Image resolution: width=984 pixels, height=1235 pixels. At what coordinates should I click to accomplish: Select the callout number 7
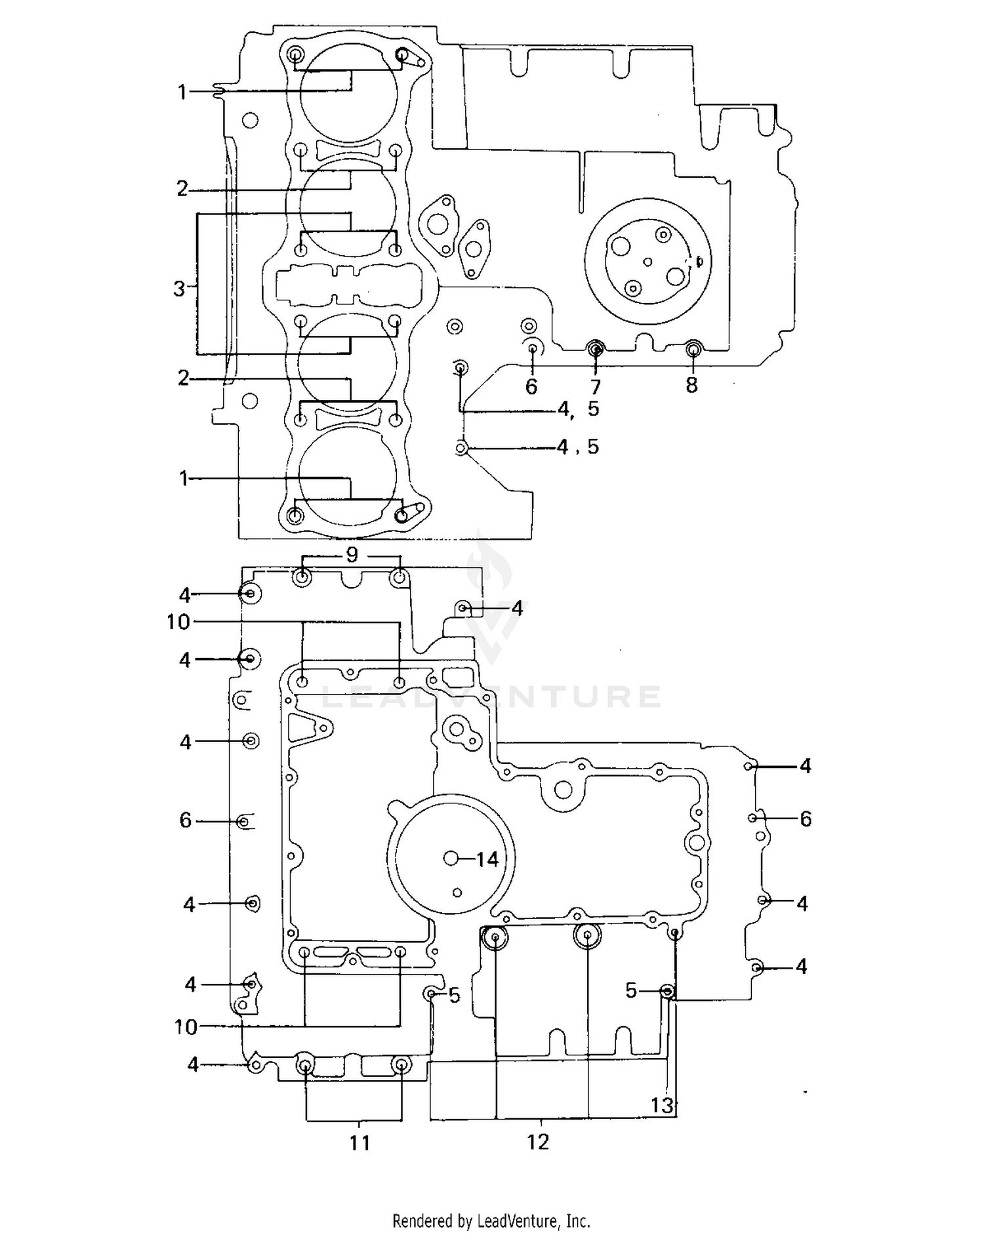595,387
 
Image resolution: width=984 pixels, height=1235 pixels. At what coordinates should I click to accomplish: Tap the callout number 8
692,385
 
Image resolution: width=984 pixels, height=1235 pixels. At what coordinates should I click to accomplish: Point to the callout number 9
352,555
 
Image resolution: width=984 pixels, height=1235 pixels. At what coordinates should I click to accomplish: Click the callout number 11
359,1143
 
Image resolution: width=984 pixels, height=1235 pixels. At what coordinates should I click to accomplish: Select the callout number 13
662,1105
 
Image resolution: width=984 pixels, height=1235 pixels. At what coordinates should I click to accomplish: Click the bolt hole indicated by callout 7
596,348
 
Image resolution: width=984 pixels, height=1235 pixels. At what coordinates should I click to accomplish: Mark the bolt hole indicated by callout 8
693,349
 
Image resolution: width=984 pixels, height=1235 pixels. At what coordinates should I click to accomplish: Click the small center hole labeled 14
451,858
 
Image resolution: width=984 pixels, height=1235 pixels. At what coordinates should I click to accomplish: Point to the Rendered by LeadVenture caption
491,1221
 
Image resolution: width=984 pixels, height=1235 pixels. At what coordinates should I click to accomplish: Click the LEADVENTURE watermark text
491,696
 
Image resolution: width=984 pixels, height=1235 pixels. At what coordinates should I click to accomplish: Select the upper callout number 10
178,621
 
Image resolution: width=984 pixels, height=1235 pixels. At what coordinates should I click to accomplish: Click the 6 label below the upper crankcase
531,387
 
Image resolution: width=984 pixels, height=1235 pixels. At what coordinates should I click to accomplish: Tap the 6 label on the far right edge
806,819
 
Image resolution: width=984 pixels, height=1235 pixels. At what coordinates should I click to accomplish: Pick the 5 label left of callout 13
631,990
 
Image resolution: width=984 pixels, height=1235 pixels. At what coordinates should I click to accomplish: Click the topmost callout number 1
182,92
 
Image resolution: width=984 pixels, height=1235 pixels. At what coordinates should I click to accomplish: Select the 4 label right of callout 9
517,609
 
